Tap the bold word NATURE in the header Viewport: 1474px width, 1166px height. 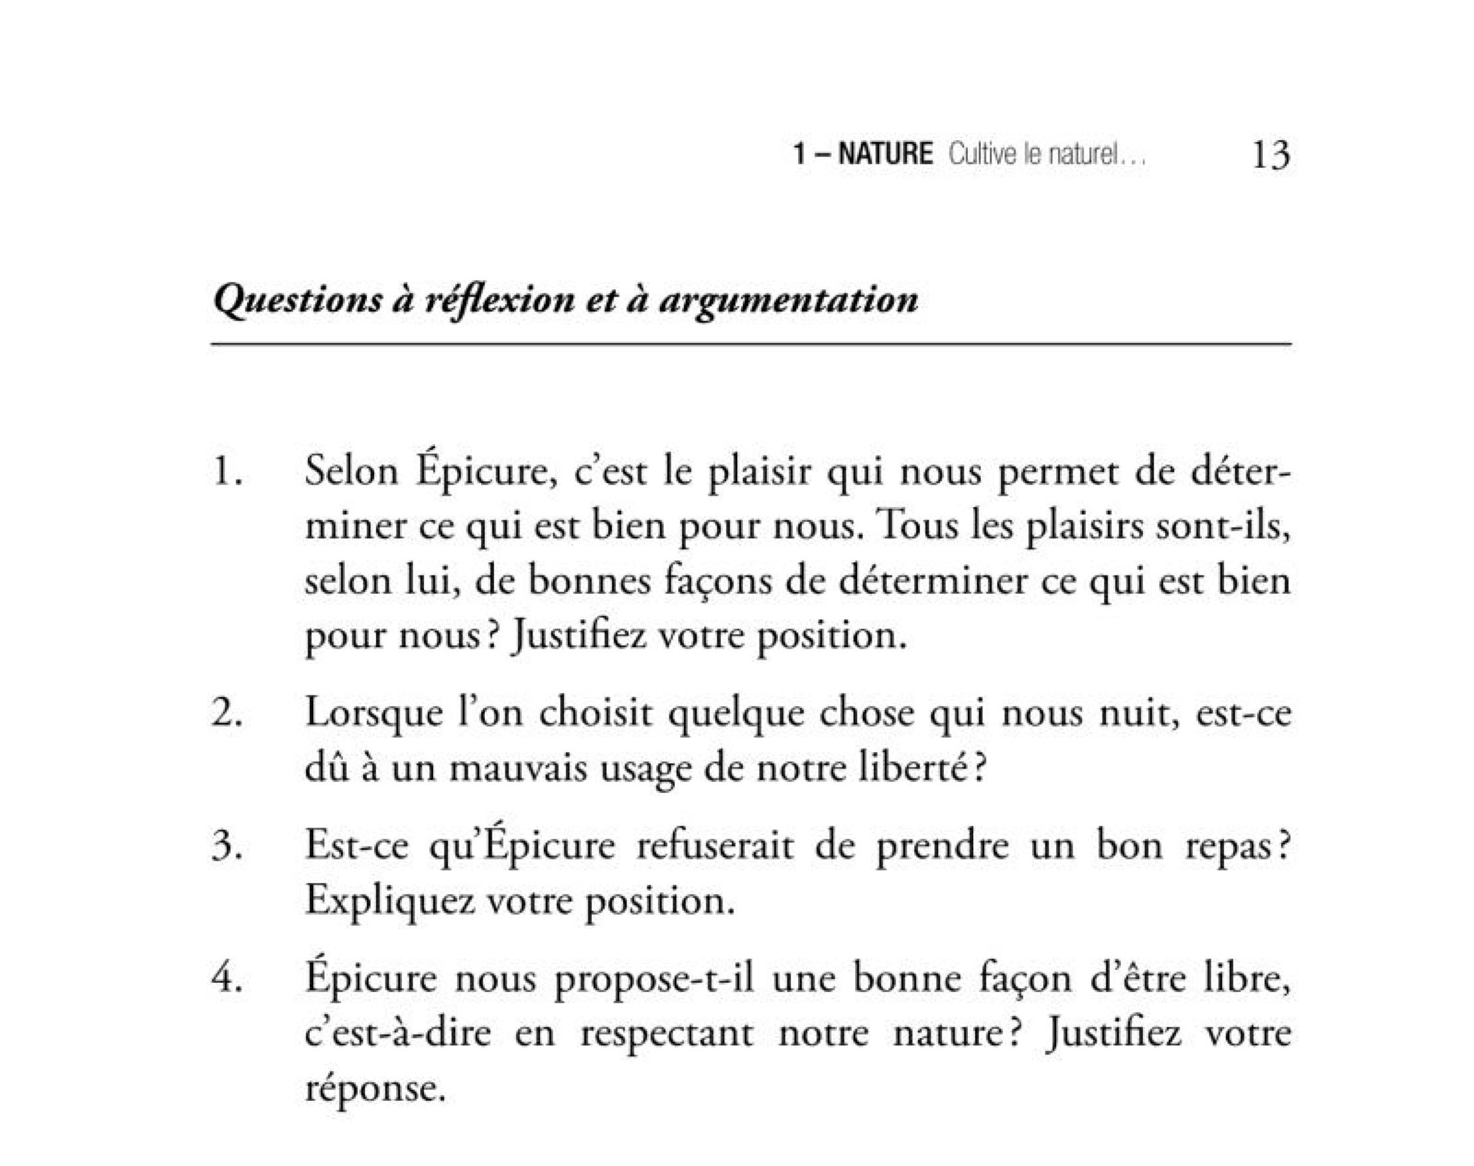(x=884, y=154)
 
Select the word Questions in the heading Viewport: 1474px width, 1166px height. (x=298, y=301)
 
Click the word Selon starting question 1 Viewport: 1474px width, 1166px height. (x=351, y=472)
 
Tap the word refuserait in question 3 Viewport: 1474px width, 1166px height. (x=715, y=847)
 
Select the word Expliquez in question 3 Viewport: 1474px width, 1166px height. (x=389, y=901)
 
